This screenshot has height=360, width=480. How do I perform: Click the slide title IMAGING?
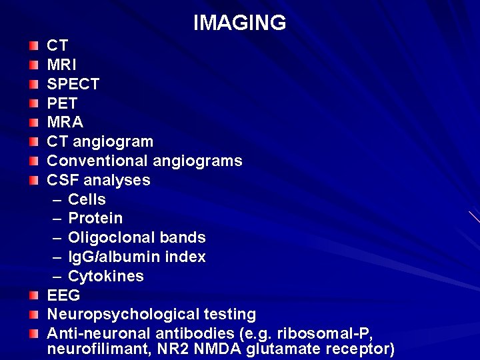tap(239, 23)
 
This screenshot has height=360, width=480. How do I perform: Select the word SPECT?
tap(73, 85)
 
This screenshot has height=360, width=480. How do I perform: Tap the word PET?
tap(62, 104)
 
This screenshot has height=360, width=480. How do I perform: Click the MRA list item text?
tap(65, 123)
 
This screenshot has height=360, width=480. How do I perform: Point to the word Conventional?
tap(97, 161)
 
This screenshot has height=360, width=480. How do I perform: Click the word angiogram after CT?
tap(113, 142)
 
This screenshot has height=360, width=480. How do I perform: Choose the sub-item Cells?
tap(87, 200)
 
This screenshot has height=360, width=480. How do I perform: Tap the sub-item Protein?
tap(95, 219)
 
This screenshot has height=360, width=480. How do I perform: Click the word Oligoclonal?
tap(109, 238)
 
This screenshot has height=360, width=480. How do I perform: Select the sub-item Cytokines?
tap(105, 277)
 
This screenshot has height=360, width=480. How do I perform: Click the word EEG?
tap(63, 295)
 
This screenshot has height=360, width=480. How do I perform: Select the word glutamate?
tap(283, 349)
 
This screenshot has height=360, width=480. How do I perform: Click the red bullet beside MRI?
tap(34, 66)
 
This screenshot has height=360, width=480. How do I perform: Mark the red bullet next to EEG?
tap(34, 295)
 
